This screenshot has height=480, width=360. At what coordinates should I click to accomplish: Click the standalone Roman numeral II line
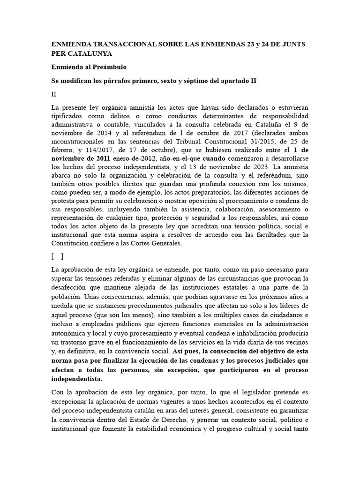click(54, 94)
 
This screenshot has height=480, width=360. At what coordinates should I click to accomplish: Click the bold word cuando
click(214, 159)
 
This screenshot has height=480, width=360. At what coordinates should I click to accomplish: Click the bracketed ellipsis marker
click(57, 256)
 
